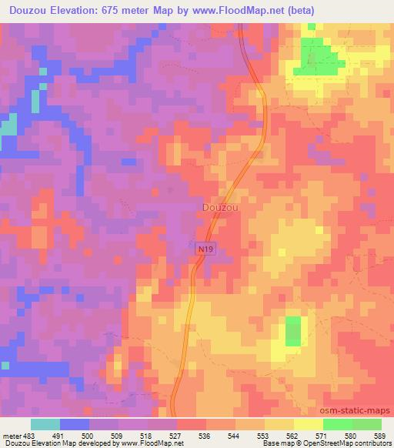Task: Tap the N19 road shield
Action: pos(203,248)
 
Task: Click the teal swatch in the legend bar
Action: pos(45,424)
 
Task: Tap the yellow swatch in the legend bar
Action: pos(308,424)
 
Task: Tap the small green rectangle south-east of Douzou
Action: pos(293,330)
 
